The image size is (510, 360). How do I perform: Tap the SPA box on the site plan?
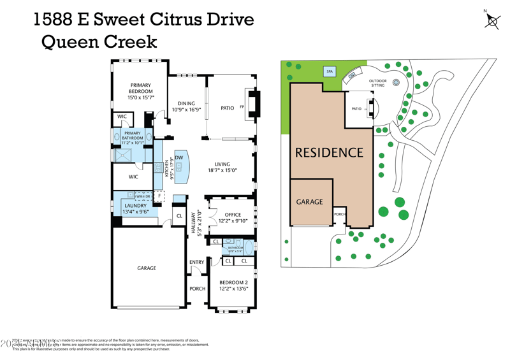coord(330,72)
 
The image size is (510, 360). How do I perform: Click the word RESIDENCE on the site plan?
coord(328,153)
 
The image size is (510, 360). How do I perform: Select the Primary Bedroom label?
coord(141,88)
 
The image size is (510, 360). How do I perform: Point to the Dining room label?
coord(186,103)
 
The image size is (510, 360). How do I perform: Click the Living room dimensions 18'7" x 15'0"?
coord(222,171)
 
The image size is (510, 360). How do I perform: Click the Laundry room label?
coord(135,206)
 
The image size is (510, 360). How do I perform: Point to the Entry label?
coord(196,263)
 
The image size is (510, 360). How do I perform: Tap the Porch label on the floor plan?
coord(198,288)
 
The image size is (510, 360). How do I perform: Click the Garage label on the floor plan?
coord(147,268)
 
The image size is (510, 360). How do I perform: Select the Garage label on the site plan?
coord(309,201)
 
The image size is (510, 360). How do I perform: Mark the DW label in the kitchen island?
coord(179,158)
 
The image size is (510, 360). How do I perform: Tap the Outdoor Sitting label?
coord(378,83)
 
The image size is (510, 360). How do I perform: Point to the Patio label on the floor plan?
coord(228,108)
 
